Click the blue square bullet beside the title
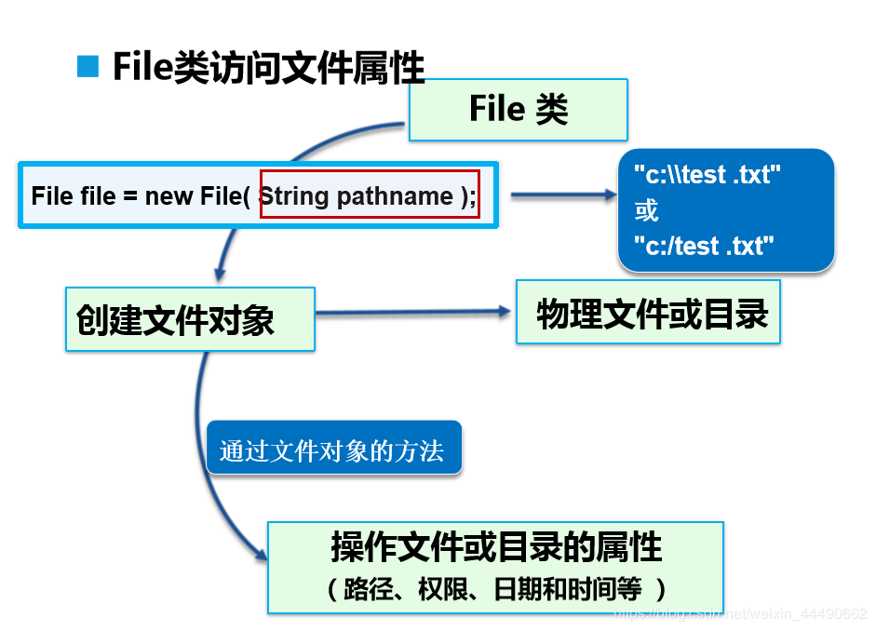tap(88, 67)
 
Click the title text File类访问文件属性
tap(268, 68)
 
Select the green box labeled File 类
tap(518, 110)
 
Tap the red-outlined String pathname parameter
tap(370, 195)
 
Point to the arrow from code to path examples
tap(563, 195)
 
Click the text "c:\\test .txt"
tap(707, 174)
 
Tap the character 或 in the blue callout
tap(646, 210)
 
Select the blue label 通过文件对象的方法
tap(332, 451)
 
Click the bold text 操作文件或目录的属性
tap(496, 547)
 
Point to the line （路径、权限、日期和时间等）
tap(496, 589)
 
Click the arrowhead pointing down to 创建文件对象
tap(220, 275)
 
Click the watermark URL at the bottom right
tap(739, 614)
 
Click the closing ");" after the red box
tap(468, 195)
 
